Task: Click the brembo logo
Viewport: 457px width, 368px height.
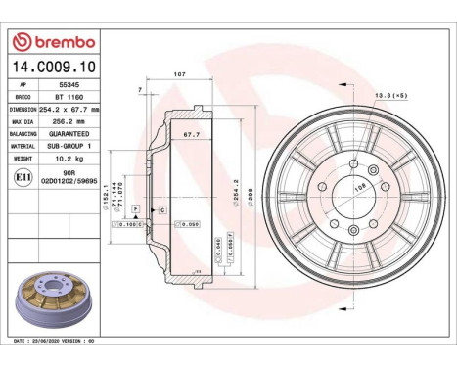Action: pos(51,42)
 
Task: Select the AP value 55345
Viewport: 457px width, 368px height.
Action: pos(68,87)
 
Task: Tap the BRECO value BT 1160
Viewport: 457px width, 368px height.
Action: pos(68,98)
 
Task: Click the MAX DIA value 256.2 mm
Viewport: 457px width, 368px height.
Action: pos(68,121)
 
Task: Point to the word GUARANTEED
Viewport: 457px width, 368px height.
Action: pos(68,133)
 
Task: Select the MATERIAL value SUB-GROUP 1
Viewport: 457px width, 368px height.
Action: pos(68,145)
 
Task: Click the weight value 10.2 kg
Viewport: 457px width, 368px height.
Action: pos(68,157)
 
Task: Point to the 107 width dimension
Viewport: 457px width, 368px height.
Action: pos(179,75)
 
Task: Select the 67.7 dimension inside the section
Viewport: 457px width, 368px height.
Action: pos(191,134)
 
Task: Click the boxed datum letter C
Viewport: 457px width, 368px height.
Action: pos(160,210)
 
